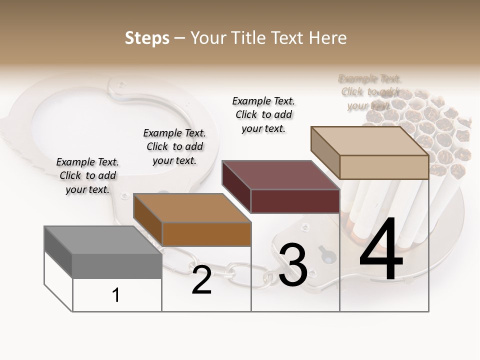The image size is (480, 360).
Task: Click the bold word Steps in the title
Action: [x=147, y=38]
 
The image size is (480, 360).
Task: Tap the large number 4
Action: [x=381, y=250]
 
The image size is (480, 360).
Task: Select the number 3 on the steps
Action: [x=293, y=265]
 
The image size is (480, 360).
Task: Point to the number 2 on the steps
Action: [x=201, y=280]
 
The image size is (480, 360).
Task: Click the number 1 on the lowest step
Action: [x=116, y=295]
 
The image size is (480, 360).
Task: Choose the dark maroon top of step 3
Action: [x=280, y=175]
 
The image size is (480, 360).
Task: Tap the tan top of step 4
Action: [x=370, y=140]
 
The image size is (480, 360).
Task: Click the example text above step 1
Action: [x=87, y=175]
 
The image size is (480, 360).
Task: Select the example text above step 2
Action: [x=174, y=146]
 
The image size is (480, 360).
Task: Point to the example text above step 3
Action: [x=263, y=114]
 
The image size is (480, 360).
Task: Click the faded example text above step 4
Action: [x=370, y=92]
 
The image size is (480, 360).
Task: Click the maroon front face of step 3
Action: [x=295, y=201]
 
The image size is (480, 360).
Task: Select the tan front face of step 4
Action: [x=384, y=167]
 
